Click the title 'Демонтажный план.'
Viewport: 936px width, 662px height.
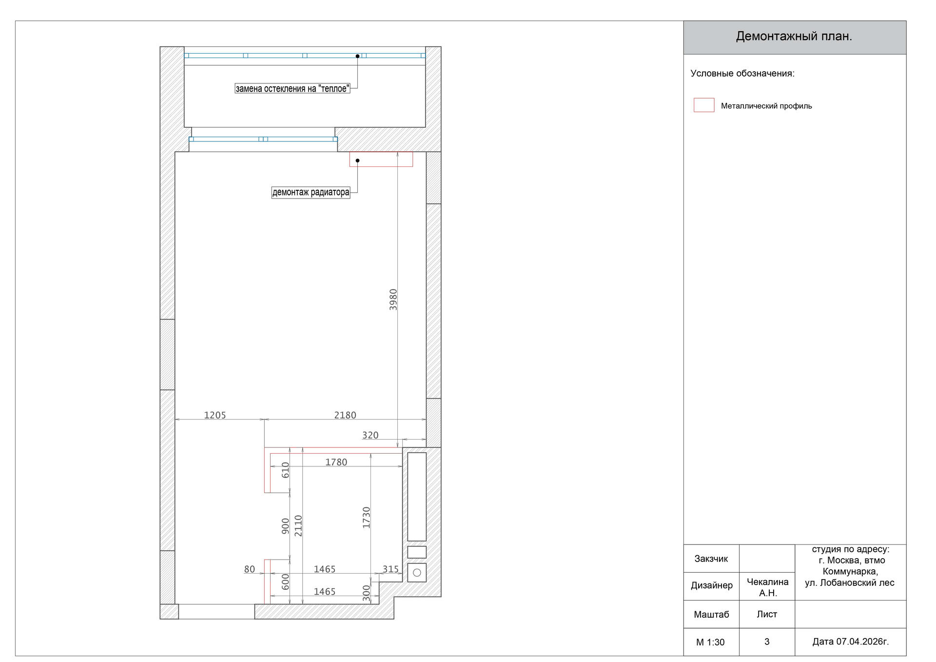click(x=794, y=37)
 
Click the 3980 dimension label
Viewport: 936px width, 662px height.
click(x=393, y=300)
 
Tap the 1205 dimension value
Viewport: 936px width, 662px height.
click(x=215, y=415)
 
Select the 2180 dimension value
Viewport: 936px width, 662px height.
click(x=345, y=415)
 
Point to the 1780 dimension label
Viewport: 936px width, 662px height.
click(x=336, y=462)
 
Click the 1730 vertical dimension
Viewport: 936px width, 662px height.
click(x=367, y=518)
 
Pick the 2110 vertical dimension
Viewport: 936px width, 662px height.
click(x=298, y=526)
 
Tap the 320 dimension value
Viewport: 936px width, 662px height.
click(x=370, y=435)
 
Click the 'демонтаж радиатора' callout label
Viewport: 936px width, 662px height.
click(x=311, y=192)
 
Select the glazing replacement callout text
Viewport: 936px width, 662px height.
click(x=292, y=88)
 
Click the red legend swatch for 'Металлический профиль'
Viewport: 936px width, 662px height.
click(x=704, y=105)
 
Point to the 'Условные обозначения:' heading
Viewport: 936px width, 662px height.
click(x=742, y=74)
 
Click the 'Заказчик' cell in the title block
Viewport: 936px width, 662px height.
click(x=711, y=559)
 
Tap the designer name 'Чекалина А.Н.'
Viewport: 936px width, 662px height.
click(x=768, y=587)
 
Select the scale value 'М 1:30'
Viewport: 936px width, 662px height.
click(x=710, y=642)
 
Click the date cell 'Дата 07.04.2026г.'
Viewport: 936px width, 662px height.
click(x=851, y=642)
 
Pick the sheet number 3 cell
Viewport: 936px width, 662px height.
click(x=767, y=642)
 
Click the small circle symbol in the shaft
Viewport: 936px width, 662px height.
click(x=417, y=573)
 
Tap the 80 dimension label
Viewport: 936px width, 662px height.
click(x=250, y=569)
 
